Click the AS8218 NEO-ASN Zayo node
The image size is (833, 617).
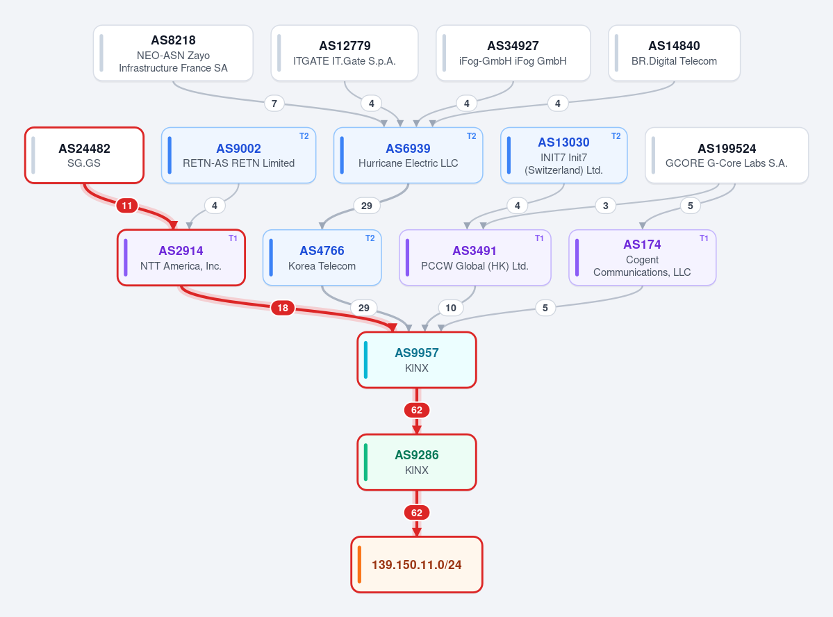[x=173, y=53]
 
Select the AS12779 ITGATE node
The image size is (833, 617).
[x=345, y=53]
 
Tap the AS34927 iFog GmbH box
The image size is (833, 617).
[x=513, y=53]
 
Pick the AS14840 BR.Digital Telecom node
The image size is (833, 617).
[x=674, y=53]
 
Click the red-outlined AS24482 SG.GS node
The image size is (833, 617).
[x=85, y=155]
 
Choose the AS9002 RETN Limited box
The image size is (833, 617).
[x=238, y=155]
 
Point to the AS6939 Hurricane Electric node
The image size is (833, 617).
[x=408, y=155]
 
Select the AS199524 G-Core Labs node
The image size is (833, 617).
[x=727, y=155]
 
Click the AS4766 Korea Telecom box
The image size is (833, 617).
[x=322, y=258]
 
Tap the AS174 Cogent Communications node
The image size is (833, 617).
[x=642, y=258]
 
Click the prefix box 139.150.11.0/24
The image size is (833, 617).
[x=417, y=564]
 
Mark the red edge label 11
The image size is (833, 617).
[x=127, y=206]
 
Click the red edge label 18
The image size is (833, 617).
[x=283, y=308]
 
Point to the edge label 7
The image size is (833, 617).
[x=274, y=103]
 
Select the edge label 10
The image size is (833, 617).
[x=450, y=308]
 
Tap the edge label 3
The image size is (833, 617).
[x=606, y=206]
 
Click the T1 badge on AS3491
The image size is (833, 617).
[x=539, y=238]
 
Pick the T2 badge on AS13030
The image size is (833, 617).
[x=616, y=136]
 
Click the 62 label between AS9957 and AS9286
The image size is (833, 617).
[x=417, y=410]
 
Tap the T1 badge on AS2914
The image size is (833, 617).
[x=233, y=238]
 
